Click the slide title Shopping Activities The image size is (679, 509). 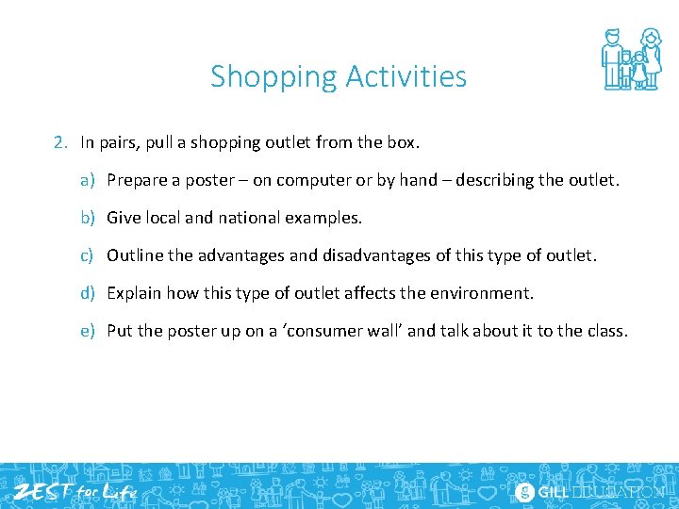point(339,75)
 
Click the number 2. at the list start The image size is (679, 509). point(61,143)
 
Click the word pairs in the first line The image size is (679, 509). point(120,143)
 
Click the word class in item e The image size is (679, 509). point(605,331)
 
